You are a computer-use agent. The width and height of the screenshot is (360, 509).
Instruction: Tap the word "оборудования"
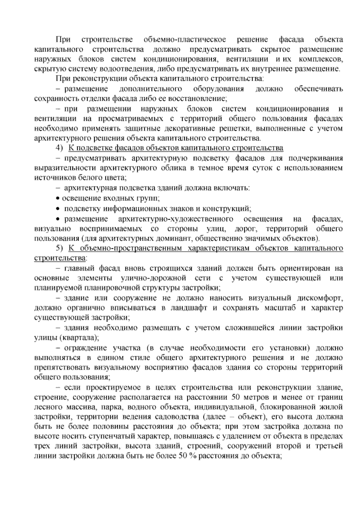(x=218, y=89)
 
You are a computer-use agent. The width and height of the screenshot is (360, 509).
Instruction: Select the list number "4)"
(x=59, y=148)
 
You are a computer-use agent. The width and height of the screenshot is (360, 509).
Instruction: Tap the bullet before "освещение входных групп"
(x=58, y=199)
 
